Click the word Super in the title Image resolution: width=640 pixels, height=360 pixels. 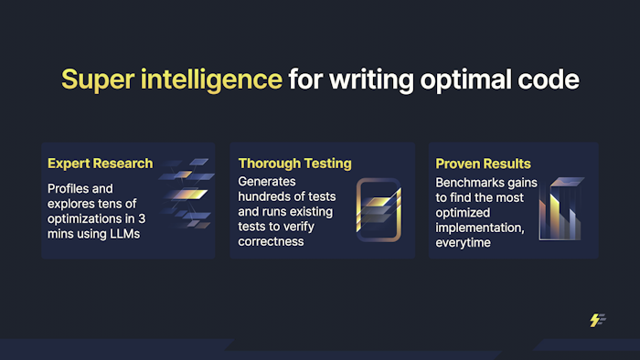98,79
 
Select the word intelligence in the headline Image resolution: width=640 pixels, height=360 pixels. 211,79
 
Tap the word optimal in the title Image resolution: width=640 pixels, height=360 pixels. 465,79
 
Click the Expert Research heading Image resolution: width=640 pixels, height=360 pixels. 100,164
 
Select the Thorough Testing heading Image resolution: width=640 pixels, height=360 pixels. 294,164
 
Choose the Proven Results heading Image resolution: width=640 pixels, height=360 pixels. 483,164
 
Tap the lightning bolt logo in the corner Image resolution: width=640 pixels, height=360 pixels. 598,320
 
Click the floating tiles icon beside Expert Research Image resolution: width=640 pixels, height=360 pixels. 187,194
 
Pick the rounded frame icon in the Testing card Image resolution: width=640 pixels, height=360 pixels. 357,210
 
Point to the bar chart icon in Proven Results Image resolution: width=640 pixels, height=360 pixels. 561,208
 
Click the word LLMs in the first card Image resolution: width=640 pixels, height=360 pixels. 125,234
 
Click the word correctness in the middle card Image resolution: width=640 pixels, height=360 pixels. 271,242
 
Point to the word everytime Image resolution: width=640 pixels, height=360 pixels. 463,242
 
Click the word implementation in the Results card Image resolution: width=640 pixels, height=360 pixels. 480,228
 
